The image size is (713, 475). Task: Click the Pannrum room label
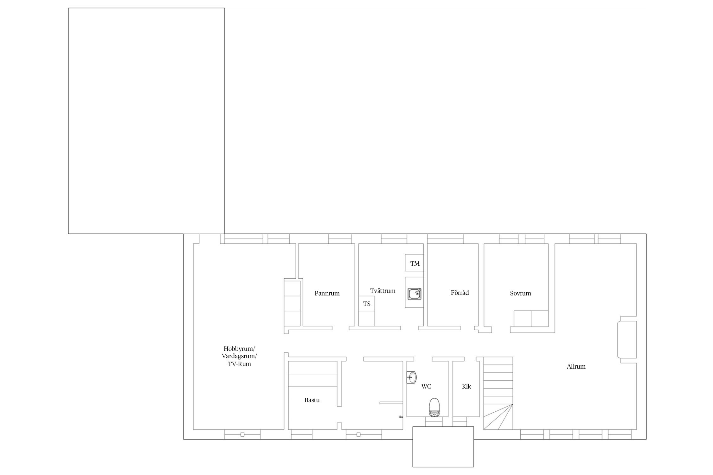pos(327,293)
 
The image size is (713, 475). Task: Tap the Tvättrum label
pos(382,291)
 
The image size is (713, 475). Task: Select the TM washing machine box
pos(414,263)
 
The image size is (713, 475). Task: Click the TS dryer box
pos(367,304)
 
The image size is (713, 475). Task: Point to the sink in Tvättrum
pos(414,294)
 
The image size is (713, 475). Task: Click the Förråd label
pos(460,293)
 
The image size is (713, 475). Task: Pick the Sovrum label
pos(520,293)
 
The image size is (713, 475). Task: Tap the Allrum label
pos(576,367)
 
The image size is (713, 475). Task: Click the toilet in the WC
pos(434,408)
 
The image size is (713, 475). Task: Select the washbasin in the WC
pos(411,377)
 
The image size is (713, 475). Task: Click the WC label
pos(426,387)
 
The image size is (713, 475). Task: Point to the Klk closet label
pos(466,386)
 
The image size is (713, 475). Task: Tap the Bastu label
pos(312,400)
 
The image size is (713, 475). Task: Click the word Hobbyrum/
pos(239,349)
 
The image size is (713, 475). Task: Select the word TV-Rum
pos(239,364)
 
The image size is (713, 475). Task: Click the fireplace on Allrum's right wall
pos(627,339)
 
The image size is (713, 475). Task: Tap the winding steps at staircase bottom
pos(498,417)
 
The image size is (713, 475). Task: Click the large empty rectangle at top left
pos(146,121)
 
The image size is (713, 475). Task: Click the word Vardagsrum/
pos(239,356)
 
